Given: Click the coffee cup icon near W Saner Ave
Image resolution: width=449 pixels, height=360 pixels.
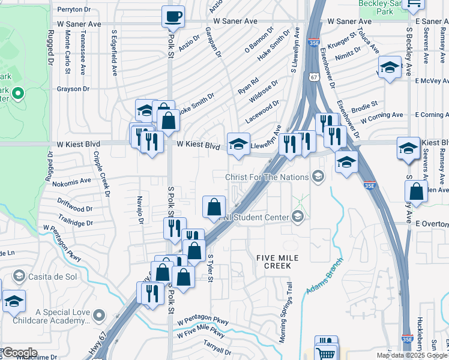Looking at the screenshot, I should click(173, 17).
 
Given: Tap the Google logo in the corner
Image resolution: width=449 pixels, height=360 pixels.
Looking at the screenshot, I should click(19, 353).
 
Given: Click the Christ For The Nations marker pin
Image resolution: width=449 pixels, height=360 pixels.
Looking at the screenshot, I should click(318, 176).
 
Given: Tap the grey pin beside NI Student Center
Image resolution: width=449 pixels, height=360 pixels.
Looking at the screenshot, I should click(298, 217).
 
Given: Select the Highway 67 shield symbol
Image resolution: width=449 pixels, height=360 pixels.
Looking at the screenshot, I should click(315, 77).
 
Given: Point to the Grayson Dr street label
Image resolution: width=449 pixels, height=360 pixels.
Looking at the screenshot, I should click(73, 89).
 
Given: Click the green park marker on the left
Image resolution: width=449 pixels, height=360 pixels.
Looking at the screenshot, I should click(17, 93).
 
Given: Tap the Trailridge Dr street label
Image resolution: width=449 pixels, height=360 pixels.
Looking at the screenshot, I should click(76, 222).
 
